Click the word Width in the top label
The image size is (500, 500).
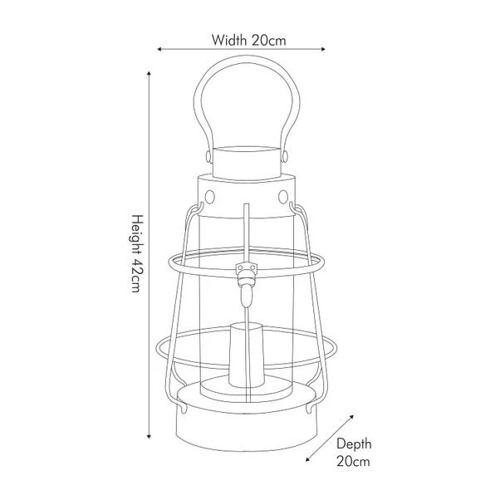229,40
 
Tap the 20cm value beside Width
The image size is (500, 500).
269,41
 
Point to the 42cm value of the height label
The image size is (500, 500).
137,275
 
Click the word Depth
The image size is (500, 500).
354,444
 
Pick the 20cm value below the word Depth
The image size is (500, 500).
353,461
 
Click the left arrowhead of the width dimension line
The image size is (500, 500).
159,49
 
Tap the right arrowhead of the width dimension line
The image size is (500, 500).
323,49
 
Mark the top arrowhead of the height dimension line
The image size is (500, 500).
149,74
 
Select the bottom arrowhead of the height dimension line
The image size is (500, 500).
149,436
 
